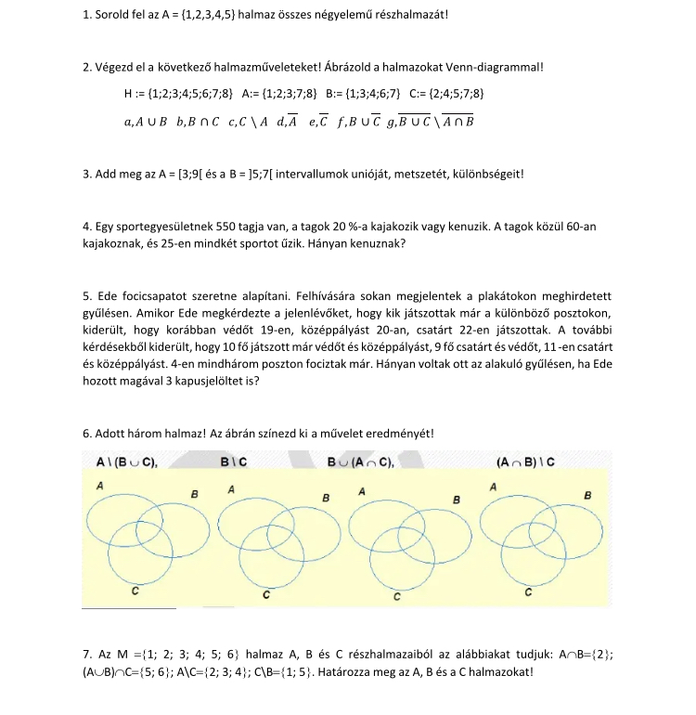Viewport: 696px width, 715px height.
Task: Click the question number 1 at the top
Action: tap(85, 16)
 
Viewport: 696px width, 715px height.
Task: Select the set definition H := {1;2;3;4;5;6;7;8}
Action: tap(177, 94)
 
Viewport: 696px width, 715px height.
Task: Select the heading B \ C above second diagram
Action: tap(233, 461)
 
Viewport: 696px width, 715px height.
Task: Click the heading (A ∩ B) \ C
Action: tap(526, 461)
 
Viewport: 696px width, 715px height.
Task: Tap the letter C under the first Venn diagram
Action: tap(135, 591)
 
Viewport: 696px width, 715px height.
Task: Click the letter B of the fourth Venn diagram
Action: tap(587, 495)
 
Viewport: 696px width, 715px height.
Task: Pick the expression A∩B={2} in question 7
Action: tap(585, 655)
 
